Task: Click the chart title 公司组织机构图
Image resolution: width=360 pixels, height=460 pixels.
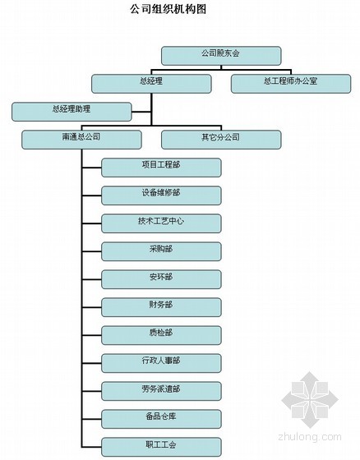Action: pyautogui.click(x=168, y=9)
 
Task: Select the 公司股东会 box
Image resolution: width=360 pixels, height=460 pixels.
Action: pyautogui.click(x=221, y=56)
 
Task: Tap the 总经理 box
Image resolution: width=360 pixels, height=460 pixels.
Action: pyautogui.click(x=151, y=84)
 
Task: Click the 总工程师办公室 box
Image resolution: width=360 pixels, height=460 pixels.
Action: pyautogui.click(x=291, y=84)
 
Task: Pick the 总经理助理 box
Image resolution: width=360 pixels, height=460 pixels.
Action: pyautogui.click(x=72, y=112)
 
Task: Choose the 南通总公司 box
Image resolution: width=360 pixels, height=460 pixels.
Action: pyautogui.click(x=81, y=140)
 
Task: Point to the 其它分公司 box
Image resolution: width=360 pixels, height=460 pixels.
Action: pyautogui.click(x=221, y=140)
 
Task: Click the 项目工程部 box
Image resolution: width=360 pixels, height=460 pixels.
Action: pyautogui.click(x=161, y=168)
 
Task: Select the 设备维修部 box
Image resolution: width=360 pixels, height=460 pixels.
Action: pyautogui.click(x=161, y=195)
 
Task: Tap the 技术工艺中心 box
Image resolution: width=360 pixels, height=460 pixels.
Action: pyautogui.click(x=161, y=223)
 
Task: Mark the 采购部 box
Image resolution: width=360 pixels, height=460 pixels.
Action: pyautogui.click(x=161, y=251)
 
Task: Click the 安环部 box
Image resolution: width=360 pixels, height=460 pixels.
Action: pyautogui.click(x=161, y=279)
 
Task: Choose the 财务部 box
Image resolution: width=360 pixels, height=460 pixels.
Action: pyautogui.click(x=161, y=307)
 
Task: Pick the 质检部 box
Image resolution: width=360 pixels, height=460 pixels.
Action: pyautogui.click(x=161, y=335)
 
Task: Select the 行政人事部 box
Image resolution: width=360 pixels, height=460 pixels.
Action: pyautogui.click(x=161, y=363)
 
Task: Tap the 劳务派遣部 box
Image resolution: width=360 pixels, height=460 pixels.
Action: pyautogui.click(x=161, y=391)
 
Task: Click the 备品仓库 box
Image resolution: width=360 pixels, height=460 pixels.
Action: pyautogui.click(x=161, y=419)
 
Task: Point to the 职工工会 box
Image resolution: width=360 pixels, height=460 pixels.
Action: pyautogui.click(x=161, y=447)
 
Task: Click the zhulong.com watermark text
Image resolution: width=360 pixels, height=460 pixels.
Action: pyautogui.click(x=310, y=437)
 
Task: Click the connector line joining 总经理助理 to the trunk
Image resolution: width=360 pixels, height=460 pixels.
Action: pyautogui.click(x=141, y=112)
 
